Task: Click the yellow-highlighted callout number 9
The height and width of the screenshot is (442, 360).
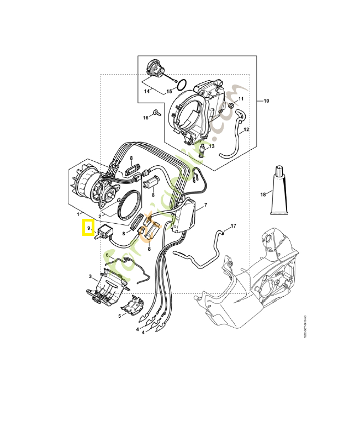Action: click(x=88, y=228)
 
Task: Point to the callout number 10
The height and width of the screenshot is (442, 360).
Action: click(x=266, y=101)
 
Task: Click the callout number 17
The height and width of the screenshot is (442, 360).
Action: click(x=233, y=226)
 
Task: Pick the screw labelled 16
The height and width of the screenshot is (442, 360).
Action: click(x=156, y=113)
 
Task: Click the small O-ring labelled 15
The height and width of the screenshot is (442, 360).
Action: click(x=180, y=85)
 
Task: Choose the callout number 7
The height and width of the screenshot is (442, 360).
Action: click(x=205, y=205)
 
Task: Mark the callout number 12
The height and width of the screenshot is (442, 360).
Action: click(x=246, y=129)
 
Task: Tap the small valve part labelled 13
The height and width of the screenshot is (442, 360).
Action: click(x=203, y=149)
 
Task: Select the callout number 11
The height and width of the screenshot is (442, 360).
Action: click(x=241, y=99)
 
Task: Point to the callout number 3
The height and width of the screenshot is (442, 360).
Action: click(x=90, y=276)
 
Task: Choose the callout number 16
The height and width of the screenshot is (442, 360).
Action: click(x=146, y=118)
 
